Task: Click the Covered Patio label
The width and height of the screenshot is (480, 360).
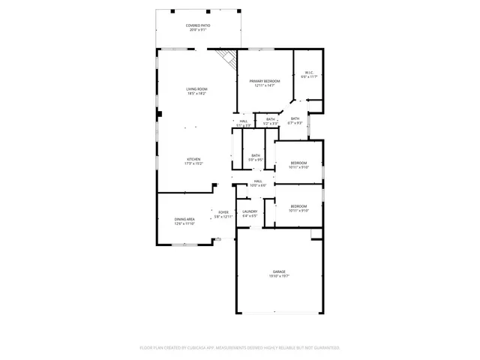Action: (198, 25)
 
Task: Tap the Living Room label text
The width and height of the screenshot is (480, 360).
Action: (196, 89)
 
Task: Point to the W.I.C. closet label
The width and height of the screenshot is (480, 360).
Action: (309, 73)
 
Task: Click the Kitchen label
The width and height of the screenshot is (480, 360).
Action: (193, 159)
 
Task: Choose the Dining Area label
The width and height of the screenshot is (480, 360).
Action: (184, 219)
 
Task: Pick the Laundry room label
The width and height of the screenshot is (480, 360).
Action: (250, 211)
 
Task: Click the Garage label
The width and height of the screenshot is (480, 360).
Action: (279, 271)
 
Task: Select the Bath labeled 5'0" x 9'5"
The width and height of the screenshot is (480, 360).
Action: (256, 155)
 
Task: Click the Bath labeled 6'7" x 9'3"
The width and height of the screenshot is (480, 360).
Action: (295, 118)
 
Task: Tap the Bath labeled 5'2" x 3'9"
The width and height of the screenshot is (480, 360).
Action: (271, 119)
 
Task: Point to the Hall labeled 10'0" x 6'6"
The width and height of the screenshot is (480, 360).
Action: (258, 181)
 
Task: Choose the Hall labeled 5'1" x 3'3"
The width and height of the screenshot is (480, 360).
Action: (244, 121)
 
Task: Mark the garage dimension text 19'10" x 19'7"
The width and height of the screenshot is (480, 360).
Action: (279, 277)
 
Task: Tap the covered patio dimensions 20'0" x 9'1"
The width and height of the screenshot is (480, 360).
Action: (198, 31)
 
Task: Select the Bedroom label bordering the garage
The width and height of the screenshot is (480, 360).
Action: (298, 206)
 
